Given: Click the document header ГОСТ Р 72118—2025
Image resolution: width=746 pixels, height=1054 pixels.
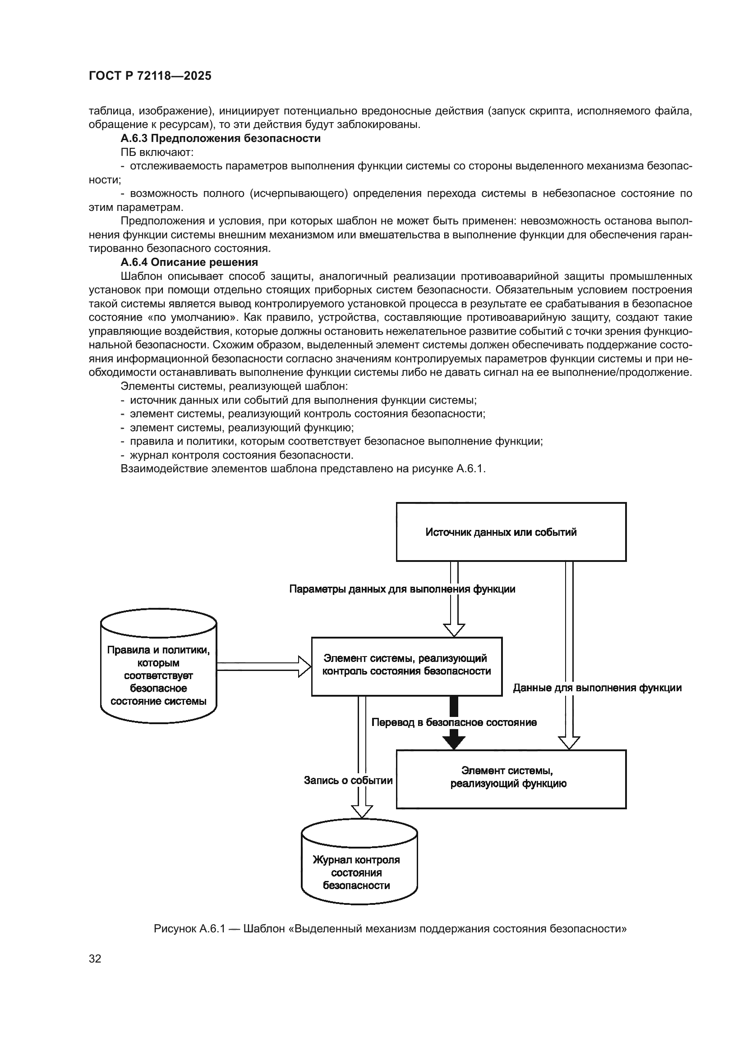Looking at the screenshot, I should click(150, 76).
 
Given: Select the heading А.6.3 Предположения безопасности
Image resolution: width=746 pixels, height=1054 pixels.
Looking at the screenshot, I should click(221, 138).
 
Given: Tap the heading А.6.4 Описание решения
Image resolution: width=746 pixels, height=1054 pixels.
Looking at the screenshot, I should click(189, 262).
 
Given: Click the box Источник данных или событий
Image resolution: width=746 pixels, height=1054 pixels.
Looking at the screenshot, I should click(511, 532).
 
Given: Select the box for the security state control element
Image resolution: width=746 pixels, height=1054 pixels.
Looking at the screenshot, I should click(406, 666).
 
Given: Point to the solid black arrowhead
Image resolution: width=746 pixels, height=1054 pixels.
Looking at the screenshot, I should click(454, 742).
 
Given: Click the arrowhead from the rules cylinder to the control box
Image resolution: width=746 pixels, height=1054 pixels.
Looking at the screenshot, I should click(304, 666).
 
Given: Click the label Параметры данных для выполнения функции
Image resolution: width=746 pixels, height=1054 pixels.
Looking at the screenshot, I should click(402, 589).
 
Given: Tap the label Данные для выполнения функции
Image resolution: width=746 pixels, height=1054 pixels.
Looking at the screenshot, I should click(597, 688).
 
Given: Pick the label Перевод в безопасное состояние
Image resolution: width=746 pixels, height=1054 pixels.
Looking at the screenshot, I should click(454, 722).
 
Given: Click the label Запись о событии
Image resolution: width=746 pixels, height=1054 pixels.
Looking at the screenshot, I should click(348, 780).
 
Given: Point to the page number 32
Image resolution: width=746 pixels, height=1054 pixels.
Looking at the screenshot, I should click(95, 958).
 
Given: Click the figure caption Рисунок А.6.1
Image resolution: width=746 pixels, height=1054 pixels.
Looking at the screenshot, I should click(390, 929).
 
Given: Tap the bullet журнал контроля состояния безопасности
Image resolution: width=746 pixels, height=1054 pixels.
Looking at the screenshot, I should click(241, 455).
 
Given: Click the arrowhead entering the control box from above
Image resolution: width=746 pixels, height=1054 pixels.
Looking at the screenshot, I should click(454, 630).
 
